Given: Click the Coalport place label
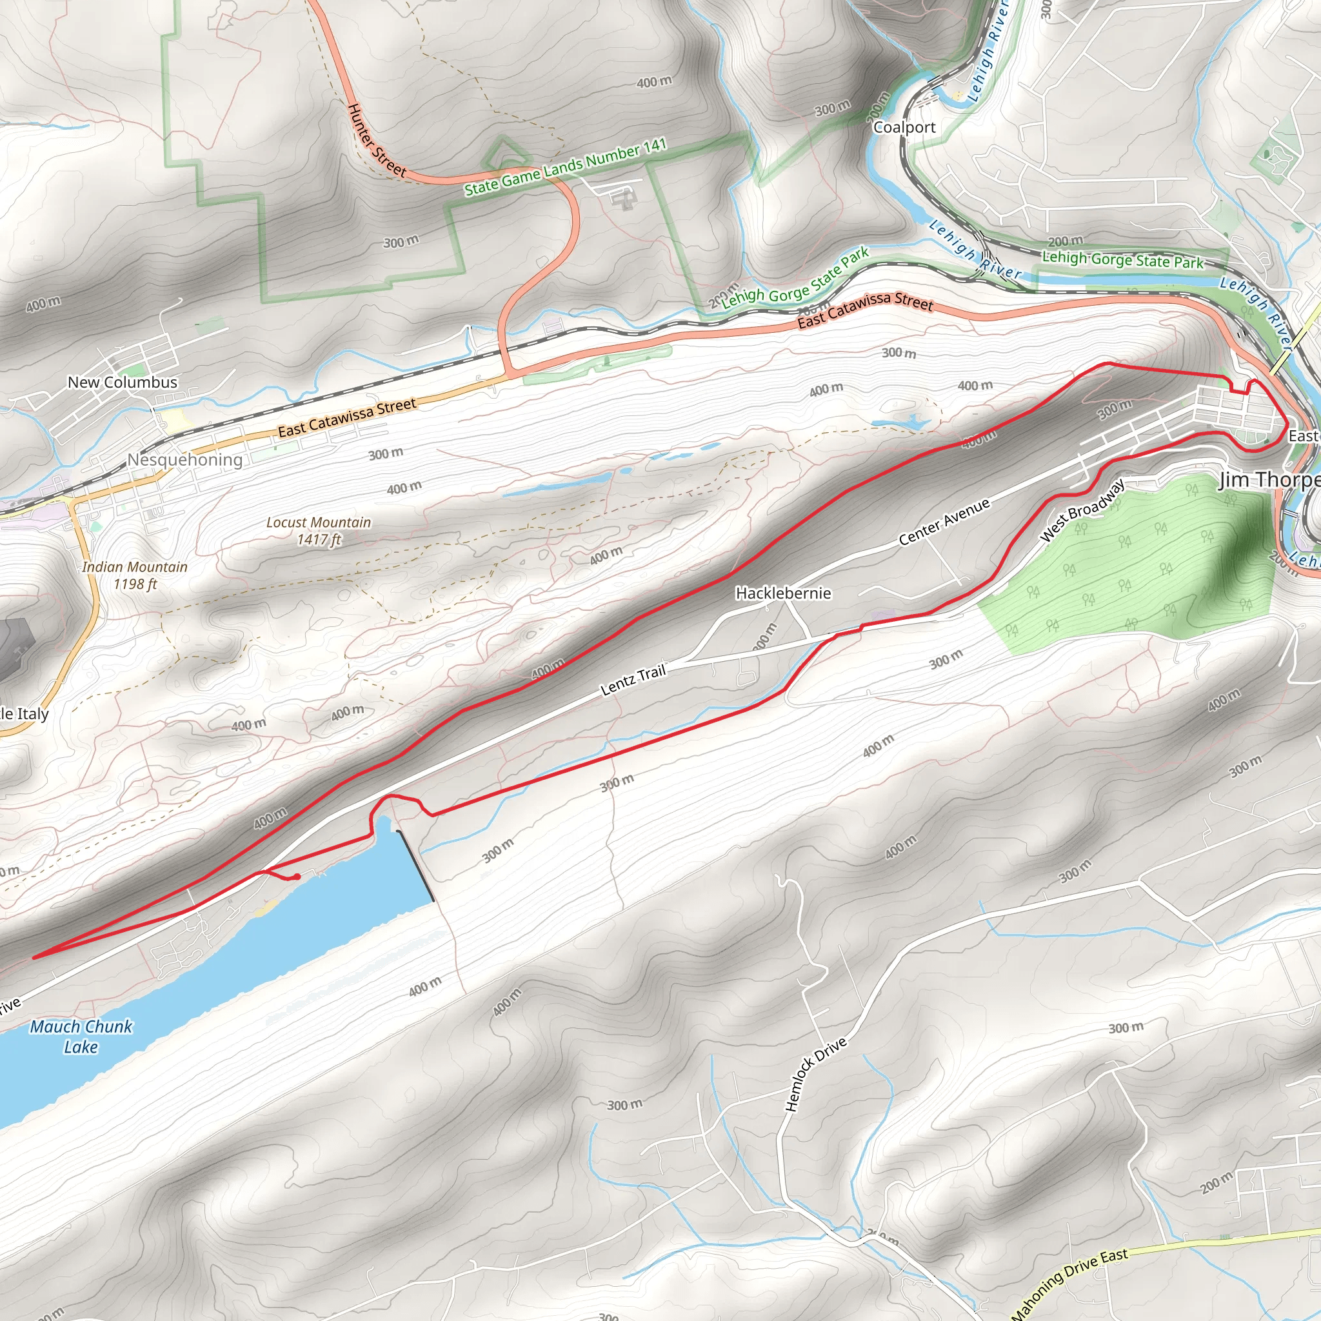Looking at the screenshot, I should pyautogui.click(x=904, y=128).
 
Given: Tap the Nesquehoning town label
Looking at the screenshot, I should pyautogui.click(x=185, y=459).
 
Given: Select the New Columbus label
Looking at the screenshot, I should pyautogui.click(x=123, y=383).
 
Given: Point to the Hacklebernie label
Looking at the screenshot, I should pyautogui.click(x=783, y=593).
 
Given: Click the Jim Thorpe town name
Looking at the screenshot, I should pyautogui.click(x=1269, y=480).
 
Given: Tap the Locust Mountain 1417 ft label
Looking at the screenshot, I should pyautogui.click(x=319, y=531).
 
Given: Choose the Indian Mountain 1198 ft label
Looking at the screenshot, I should pyautogui.click(x=135, y=575).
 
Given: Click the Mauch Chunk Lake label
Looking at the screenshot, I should pyautogui.click(x=81, y=1036).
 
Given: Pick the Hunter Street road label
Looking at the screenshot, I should pyautogui.click(x=376, y=141).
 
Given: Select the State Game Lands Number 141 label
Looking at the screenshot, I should pyautogui.click(x=566, y=167).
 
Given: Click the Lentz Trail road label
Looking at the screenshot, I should pyautogui.click(x=633, y=680).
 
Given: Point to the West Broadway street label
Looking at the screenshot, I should pyautogui.click(x=1082, y=511).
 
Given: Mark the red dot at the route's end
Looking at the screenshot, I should pyautogui.click(x=297, y=877).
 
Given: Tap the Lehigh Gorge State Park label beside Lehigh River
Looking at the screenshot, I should pyautogui.click(x=1122, y=260).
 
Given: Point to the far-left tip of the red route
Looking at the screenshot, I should pyautogui.click(x=33, y=958).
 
